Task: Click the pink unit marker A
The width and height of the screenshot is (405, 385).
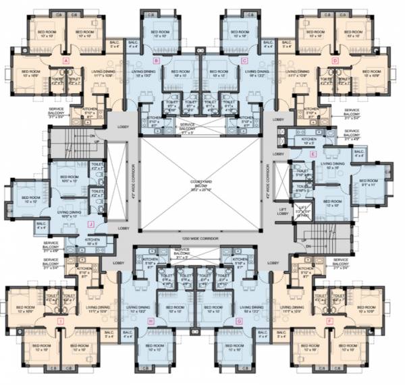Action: click(65, 60)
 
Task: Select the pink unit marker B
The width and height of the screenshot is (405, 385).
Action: click(156, 61)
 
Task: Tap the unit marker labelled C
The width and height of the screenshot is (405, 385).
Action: click(244, 61)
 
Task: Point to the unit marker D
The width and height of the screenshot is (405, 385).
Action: click(335, 61)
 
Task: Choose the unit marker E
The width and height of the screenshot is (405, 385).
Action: click(313, 154)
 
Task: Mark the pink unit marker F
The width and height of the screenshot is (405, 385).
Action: click(329, 322)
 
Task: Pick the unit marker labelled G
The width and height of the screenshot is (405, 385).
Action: click(239, 322)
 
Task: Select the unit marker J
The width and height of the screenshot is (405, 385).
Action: click(90, 225)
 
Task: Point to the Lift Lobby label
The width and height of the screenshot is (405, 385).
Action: click(283, 214)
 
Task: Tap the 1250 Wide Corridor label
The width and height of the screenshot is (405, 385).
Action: click(203, 238)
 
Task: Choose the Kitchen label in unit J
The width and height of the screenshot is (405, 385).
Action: click(92, 241)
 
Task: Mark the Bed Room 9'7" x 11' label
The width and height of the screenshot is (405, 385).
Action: click(369, 182)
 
